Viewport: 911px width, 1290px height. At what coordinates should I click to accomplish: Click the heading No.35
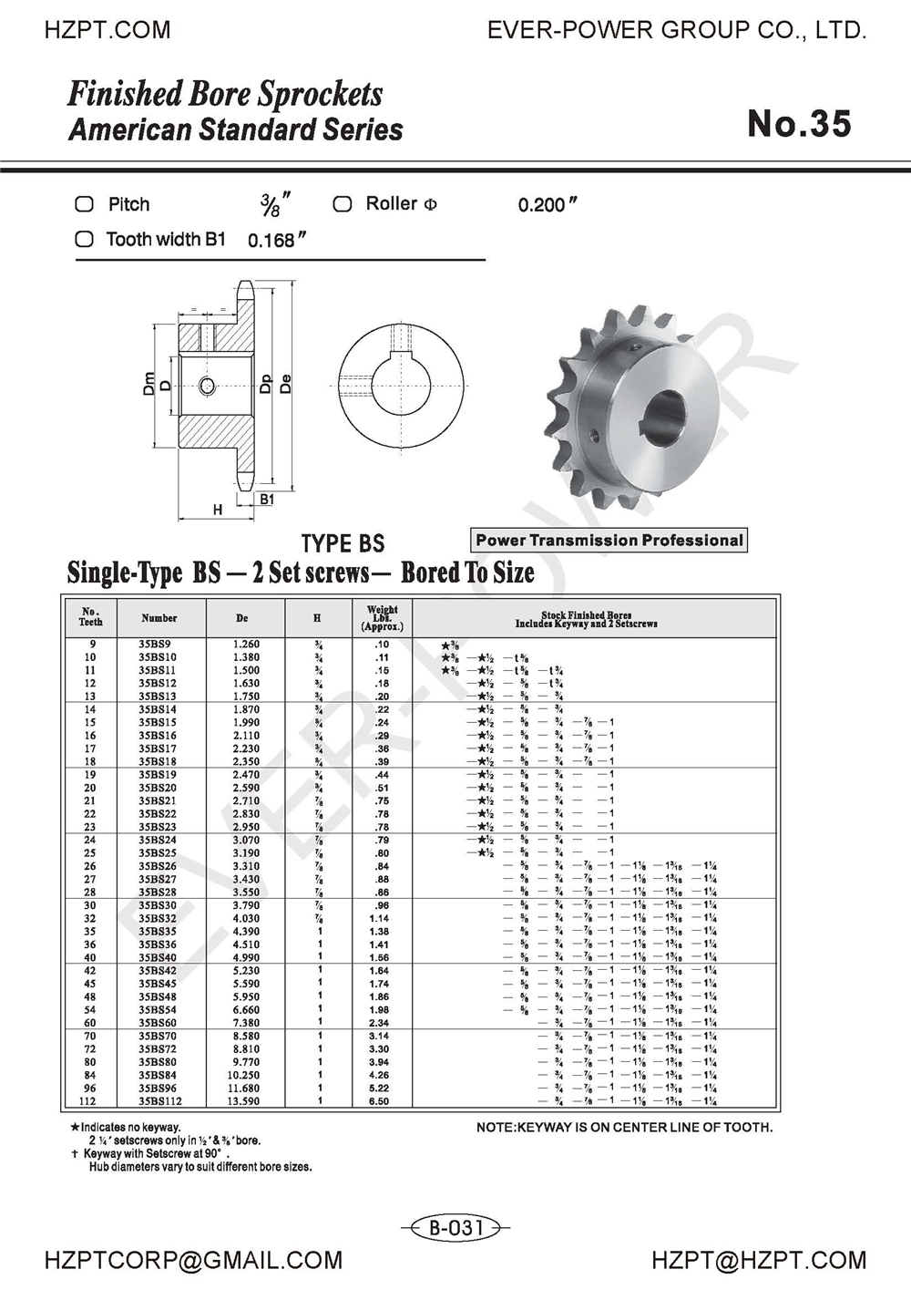799,124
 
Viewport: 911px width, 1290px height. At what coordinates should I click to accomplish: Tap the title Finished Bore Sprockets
225,94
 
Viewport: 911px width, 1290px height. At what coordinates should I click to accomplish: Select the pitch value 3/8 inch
271,204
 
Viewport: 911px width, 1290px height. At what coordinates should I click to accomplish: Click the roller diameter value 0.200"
548,205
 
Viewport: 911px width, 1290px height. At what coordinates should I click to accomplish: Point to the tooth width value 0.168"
276,241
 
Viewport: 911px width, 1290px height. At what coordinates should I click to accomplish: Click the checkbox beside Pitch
84,204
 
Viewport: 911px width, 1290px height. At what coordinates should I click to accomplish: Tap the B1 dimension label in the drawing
266,499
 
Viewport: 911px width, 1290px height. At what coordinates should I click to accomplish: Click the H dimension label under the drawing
218,510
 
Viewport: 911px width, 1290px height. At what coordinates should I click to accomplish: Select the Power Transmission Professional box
609,540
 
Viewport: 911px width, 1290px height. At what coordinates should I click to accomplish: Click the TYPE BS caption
343,544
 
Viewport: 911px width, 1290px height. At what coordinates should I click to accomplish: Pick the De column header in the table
242,618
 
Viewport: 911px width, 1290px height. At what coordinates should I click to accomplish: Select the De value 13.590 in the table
245,1101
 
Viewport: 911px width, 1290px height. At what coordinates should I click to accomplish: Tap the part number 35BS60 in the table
158,1023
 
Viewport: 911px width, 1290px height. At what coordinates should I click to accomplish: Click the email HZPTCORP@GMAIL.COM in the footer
194,1261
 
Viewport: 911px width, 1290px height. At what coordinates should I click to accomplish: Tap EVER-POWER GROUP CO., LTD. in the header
677,30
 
